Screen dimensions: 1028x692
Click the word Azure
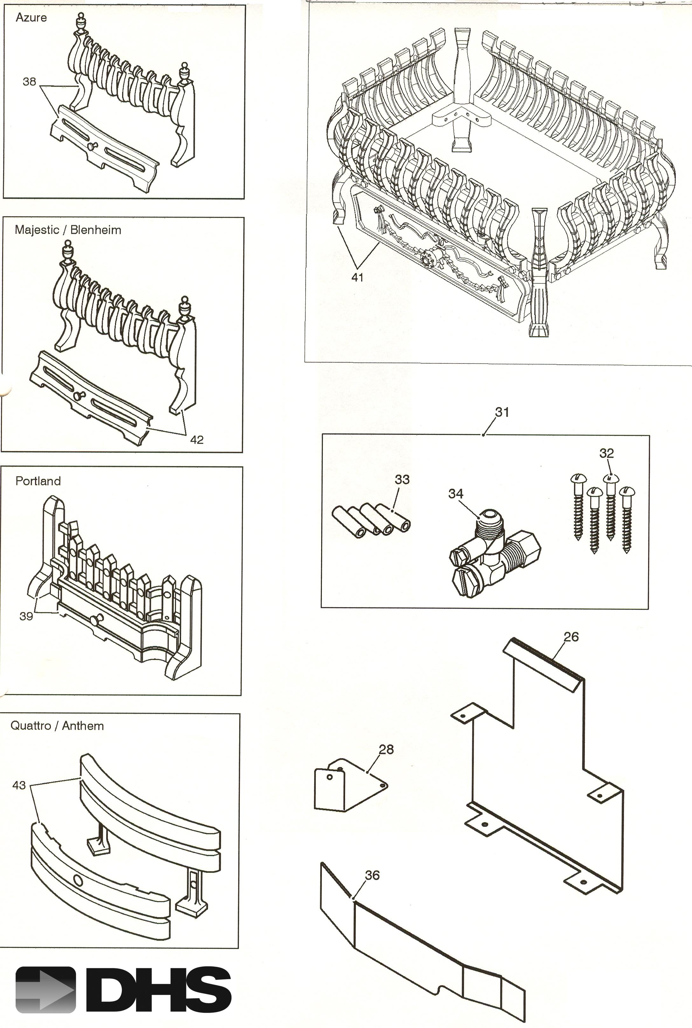[31, 18]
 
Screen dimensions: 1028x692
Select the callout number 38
[29, 82]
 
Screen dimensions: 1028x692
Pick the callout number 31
[502, 412]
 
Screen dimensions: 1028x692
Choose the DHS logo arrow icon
[45, 990]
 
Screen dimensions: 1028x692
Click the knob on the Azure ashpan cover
[92, 146]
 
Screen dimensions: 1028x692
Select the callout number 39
[26, 616]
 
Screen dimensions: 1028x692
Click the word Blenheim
[95, 230]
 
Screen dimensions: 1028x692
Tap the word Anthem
[83, 726]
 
